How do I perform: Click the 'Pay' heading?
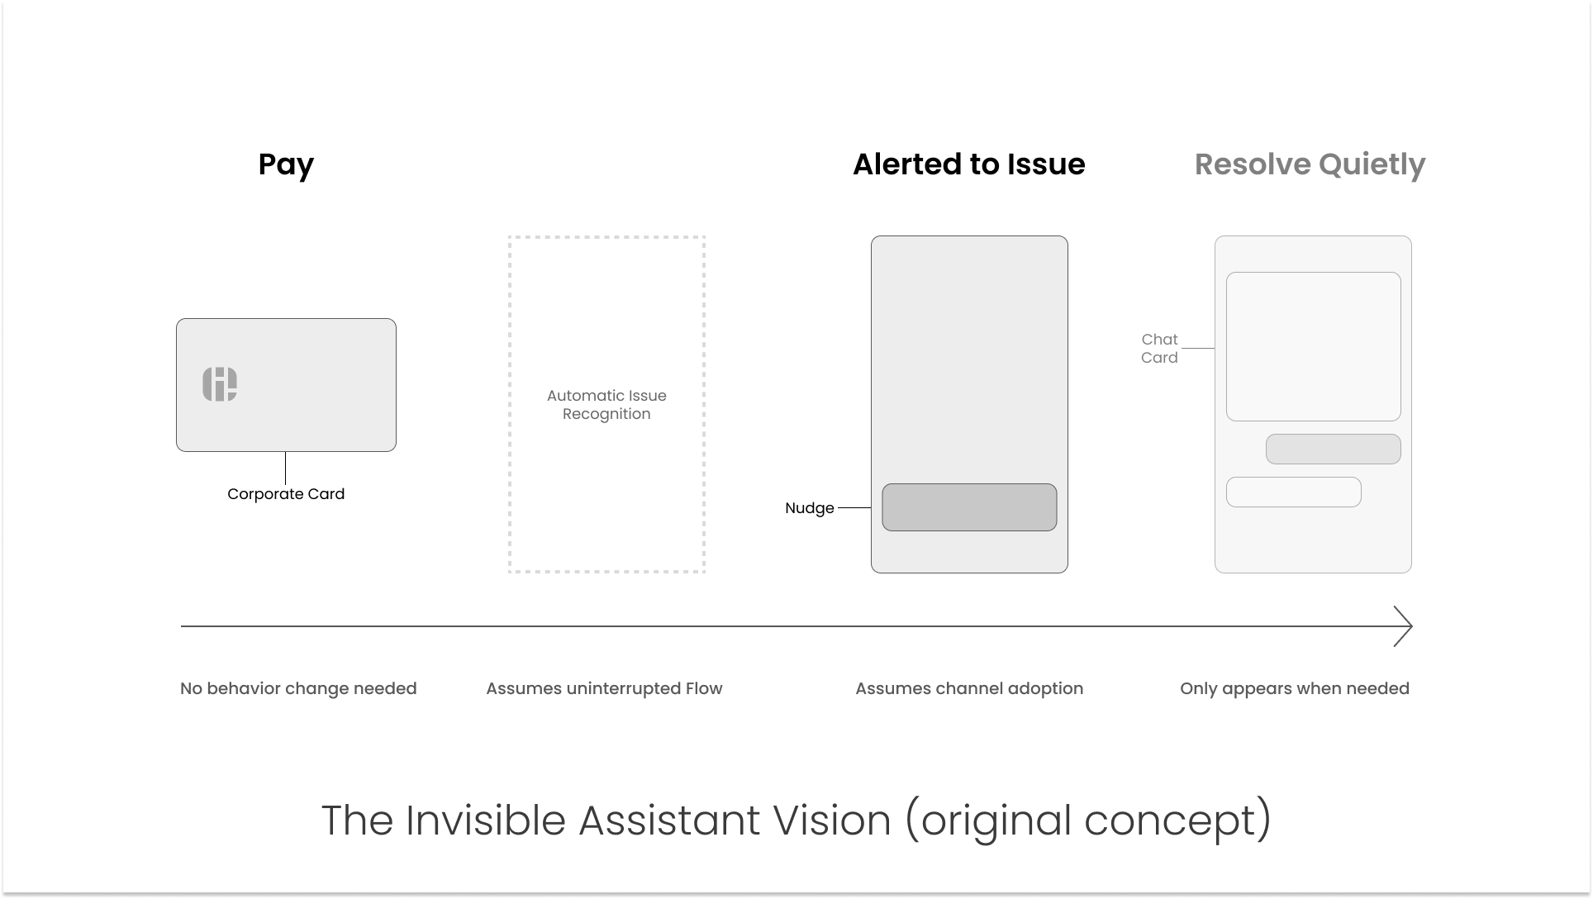[x=286, y=164]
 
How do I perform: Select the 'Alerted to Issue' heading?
[x=968, y=164]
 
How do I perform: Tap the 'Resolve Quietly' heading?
[x=1310, y=164]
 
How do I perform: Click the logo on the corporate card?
[x=220, y=384]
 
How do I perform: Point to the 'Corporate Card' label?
[x=286, y=494]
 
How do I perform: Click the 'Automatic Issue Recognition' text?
[x=606, y=405]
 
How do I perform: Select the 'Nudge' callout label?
[x=809, y=508]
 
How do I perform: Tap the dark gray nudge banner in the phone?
[x=969, y=507]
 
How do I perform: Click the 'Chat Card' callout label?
[x=1159, y=349]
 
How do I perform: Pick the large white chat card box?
[x=1313, y=346]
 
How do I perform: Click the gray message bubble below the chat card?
[x=1333, y=449]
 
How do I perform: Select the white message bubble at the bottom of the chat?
[x=1293, y=492]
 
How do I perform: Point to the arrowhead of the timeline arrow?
[x=1405, y=626]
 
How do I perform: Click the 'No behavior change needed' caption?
[x=298, y=688]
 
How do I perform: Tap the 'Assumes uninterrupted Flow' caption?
[x=604, y=688]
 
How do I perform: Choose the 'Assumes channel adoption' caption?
[x=969, y=688]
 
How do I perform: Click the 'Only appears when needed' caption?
[x=1294, y=688]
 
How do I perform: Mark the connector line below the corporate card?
[x=286, y=469]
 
